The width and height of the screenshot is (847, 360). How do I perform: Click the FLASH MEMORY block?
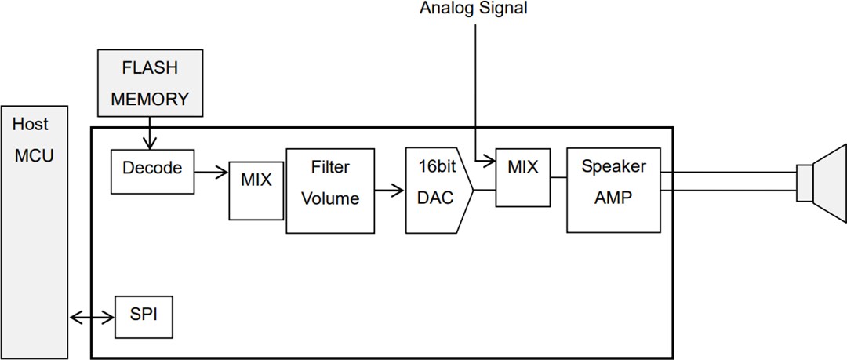(150, 84)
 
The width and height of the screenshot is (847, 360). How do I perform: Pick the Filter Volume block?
(329, 190)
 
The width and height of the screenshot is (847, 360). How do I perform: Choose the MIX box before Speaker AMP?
(522, 177)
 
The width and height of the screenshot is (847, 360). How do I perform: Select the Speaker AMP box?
(613, 189)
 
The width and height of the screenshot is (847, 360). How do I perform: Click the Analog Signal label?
(474, 9)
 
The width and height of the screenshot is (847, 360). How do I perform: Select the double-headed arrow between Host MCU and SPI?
(92, 318)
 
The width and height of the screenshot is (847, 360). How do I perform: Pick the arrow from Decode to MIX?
(211, 169)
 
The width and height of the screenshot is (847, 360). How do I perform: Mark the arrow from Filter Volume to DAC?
(389, 190)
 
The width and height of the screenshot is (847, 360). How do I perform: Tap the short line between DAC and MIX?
(485, 190)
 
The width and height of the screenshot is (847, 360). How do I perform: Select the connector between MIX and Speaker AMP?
(558, 177)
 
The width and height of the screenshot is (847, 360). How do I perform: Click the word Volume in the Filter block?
(329, 199)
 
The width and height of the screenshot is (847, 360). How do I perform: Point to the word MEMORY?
(150, 100)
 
